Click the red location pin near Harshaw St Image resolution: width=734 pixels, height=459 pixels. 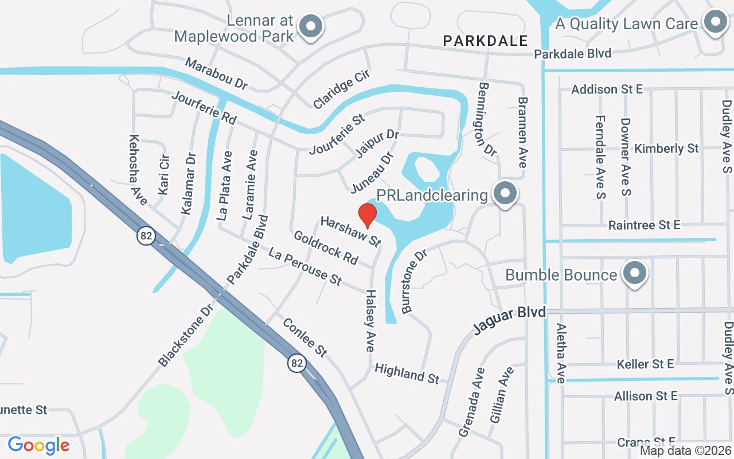367,215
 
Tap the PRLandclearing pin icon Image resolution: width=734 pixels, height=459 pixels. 505,194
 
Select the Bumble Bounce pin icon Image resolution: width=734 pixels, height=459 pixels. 634,273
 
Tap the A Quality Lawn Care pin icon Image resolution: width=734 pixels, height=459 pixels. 715,22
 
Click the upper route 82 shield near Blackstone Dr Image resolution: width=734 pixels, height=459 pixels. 146,235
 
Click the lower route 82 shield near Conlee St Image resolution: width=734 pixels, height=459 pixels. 296,363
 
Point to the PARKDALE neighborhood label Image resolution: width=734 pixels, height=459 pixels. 485,41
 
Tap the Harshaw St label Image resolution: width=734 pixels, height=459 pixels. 351,231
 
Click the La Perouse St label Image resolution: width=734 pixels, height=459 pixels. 305,267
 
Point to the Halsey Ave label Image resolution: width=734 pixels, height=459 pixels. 370,320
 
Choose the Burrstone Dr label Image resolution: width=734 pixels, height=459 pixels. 415,281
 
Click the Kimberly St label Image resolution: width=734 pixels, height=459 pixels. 666,149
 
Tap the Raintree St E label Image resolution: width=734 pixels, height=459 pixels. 644,225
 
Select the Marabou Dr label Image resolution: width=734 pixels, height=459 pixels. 216,73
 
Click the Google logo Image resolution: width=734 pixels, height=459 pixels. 38,445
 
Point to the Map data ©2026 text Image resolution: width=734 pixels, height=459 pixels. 685,450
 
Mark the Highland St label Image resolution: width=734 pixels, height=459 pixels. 407,374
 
